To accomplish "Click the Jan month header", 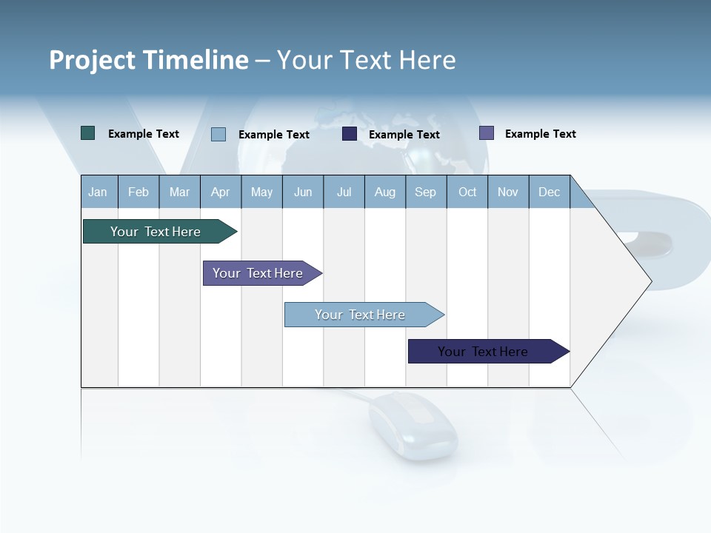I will coord(99,192).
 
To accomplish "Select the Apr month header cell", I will coord(221,192).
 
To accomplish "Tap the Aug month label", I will coord(385,192).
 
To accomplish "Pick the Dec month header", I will coord(550,192).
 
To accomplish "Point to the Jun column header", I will coord(303,192).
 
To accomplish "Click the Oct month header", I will coord(467,192).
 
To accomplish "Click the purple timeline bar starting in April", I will coord(259,273).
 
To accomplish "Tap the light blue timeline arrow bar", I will coord(361,315).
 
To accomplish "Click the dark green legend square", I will coord(88,133).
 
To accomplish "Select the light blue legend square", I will coord(218,134).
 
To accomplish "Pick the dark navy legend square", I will coord(350,134).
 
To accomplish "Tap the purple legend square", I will coord(487,133).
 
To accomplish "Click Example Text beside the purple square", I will coord(540,134).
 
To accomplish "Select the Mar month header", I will coord(179,192).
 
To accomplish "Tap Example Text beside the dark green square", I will coord(144,134).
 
